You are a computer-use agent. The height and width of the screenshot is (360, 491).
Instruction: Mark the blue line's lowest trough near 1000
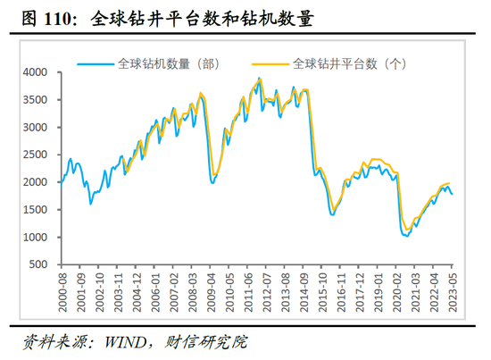407,238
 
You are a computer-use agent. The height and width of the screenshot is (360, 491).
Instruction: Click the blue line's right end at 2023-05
452,194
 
